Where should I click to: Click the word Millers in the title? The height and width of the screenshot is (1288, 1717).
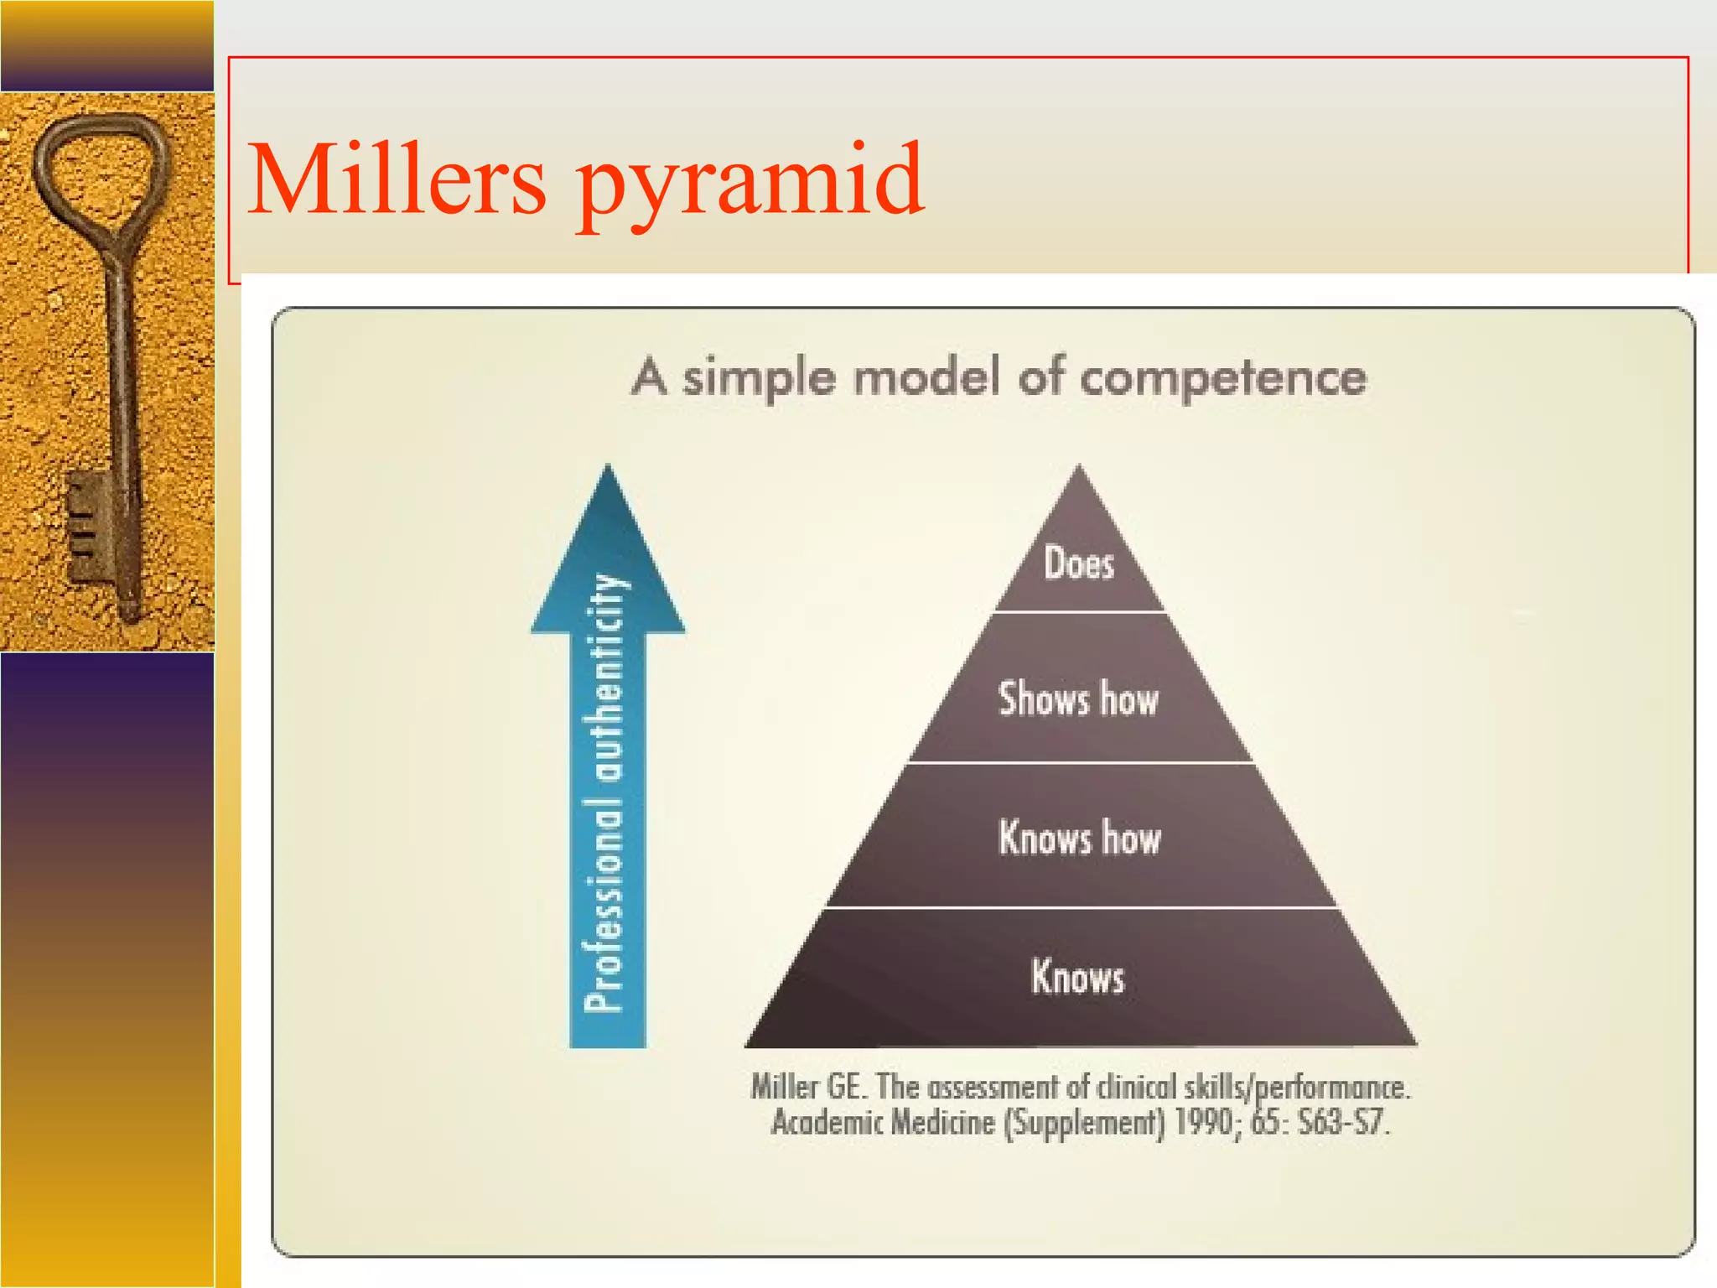coord(396,180)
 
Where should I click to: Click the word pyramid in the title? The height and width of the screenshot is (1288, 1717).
coord(749,184)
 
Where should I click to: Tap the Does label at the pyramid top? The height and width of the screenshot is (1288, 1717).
coord(1078,563)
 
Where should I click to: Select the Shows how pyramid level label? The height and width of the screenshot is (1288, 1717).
coord(1078,699)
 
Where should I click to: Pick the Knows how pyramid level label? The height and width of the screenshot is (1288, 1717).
coord(1079,838)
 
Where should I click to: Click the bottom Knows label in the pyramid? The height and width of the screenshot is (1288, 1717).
coord(1077,977)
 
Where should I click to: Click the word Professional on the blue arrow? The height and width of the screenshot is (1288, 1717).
coord(604,907)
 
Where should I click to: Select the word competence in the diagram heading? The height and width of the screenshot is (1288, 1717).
coord(1222,378)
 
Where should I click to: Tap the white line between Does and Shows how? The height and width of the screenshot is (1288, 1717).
coord(1079,612)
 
